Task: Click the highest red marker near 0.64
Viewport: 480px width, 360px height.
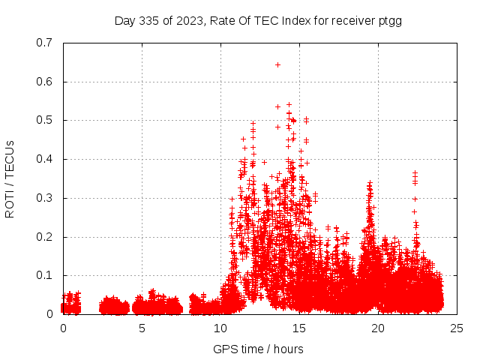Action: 277,64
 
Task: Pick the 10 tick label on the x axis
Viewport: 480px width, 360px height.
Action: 220,328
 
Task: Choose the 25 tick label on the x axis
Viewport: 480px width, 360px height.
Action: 457,328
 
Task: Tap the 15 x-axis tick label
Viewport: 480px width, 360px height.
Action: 299,328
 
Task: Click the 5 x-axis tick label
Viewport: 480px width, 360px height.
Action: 142,328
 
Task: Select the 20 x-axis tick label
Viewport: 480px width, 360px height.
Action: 378,328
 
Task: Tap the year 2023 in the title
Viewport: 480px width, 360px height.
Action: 190,21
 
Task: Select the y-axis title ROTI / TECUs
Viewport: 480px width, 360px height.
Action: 10,178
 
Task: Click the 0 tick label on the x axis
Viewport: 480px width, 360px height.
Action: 63,328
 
